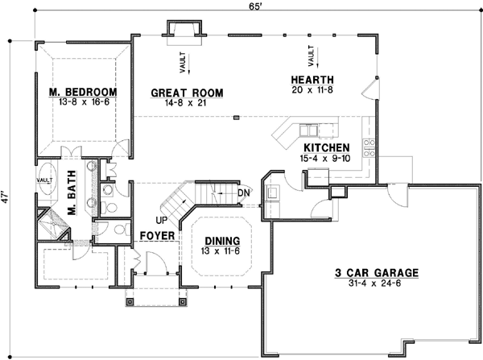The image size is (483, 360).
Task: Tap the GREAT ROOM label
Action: pos(187,93)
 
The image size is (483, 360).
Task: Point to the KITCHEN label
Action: pos(325,148)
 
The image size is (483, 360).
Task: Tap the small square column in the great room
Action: pos(236,117)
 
